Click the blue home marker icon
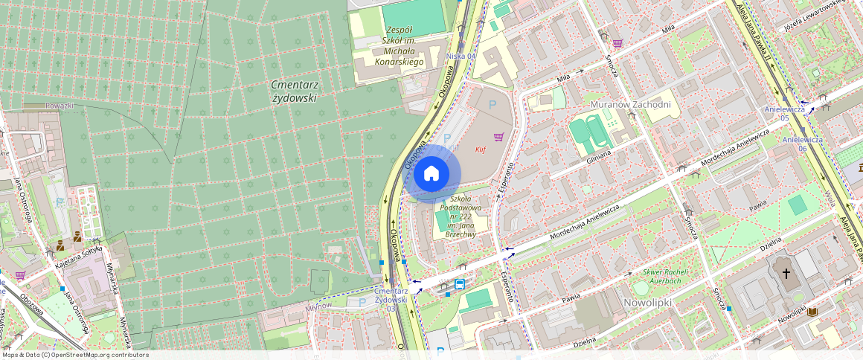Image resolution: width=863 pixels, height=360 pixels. coord(431,174)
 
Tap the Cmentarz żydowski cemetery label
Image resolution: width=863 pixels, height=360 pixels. coord(294,91)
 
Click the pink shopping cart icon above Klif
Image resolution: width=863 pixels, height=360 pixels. coord(498,137)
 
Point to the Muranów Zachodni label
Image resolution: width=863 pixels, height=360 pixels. coord(629,104)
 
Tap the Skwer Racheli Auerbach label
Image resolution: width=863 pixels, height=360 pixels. coord(656,276)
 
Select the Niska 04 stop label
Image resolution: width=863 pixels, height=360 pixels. coord(460,56)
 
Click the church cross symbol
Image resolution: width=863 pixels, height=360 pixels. coord(786,273)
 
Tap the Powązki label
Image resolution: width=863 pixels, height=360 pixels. coord(60,106)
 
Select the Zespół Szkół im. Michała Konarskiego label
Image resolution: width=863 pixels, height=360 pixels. coord(399,45)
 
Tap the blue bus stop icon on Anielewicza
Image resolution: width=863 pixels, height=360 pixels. coord(460,284)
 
